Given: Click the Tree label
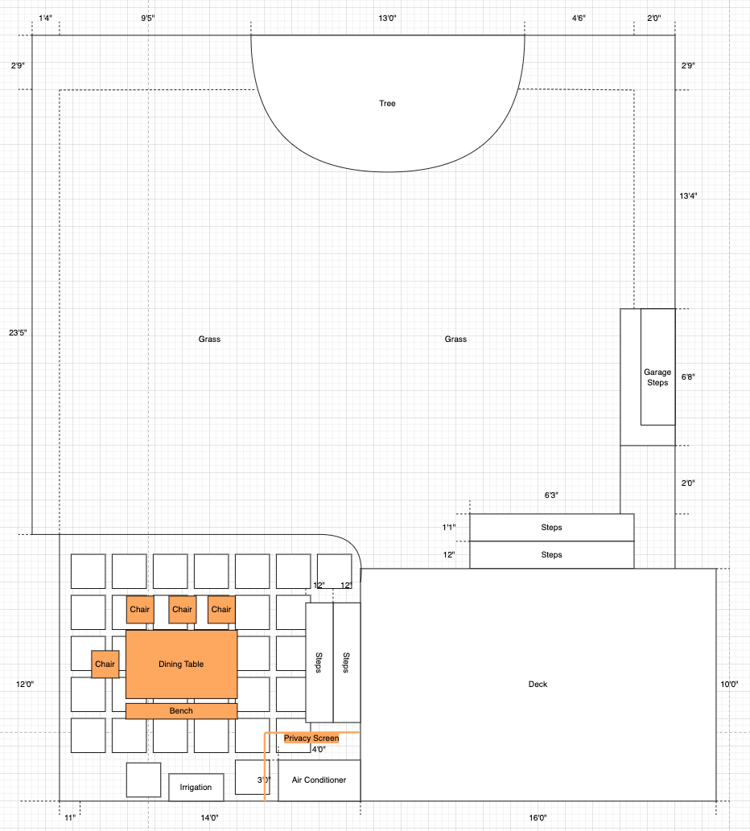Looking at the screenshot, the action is pos(387,103).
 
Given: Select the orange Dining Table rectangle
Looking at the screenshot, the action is pos(181,664).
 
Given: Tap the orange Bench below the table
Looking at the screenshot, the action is pos(181,710).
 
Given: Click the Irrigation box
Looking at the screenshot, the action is pos(196,787).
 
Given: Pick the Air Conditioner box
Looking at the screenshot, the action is pos(319,780).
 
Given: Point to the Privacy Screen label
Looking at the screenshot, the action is pos(311,738).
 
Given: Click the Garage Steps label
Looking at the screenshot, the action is pos(657,377).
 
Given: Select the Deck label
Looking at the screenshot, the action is pos(538,685).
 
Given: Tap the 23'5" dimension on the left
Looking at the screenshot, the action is pos(18,333).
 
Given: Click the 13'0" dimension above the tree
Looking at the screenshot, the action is pos(387,19).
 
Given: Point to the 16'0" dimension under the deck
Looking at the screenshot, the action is pos(538,818).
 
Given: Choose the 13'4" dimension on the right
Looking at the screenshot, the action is pos(689,196).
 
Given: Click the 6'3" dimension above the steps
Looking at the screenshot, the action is pos(551,496).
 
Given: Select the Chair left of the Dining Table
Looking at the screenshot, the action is pos(105,664).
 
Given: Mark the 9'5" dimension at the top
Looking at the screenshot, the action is pos(148,19).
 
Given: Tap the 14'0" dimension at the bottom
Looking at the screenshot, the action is pos(209,818).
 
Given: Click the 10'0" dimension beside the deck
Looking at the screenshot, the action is pos(729,685).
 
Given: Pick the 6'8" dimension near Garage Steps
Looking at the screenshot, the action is pos(688,377).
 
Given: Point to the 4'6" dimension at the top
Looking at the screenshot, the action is pos(579,19).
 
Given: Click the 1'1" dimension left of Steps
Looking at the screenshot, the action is pos(449,528).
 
